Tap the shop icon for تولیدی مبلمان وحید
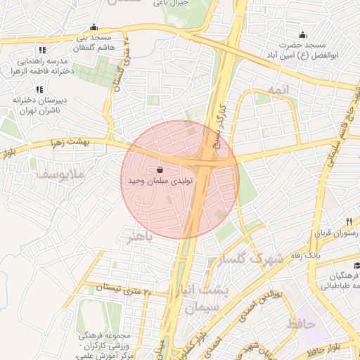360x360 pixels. tap(160, 169)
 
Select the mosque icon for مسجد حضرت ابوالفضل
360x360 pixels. tap(302, 35)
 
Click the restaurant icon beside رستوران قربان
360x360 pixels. tap(349, 221)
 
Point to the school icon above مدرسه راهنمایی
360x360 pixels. tap(42, 50)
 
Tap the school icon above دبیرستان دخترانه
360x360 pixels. tap(39, 89)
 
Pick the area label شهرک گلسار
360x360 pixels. tap(252, 259)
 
